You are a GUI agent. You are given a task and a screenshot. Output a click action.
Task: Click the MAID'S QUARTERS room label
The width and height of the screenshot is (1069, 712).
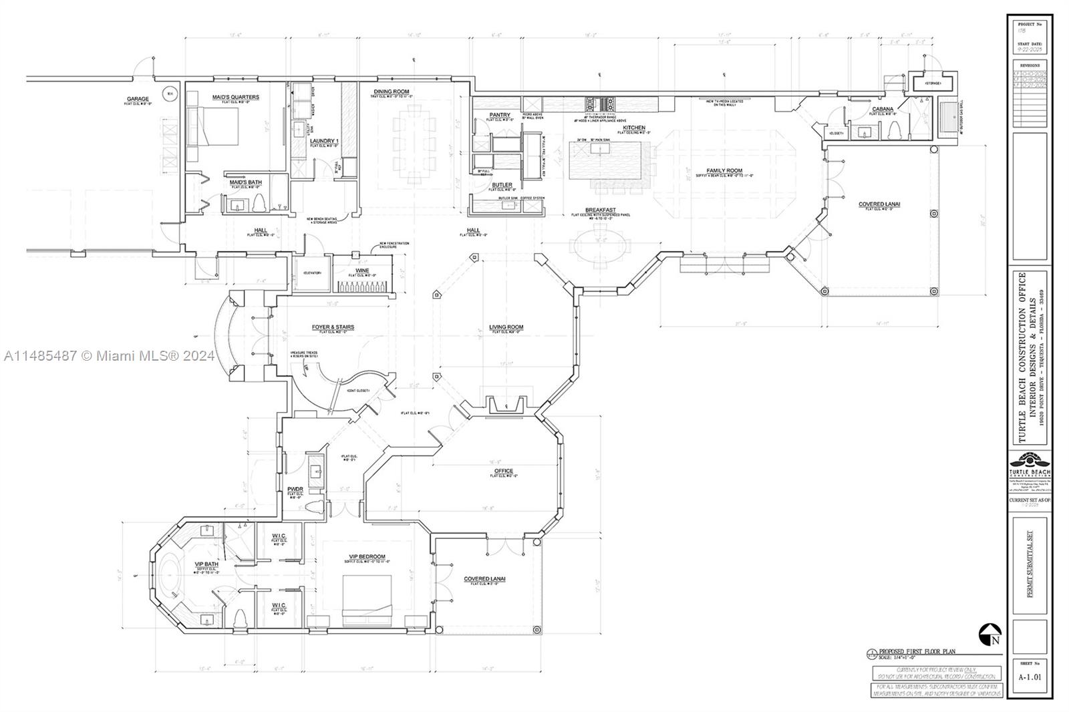[x=235, y=97]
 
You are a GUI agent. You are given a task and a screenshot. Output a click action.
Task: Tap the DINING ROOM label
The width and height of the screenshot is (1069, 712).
[x=392, y=92]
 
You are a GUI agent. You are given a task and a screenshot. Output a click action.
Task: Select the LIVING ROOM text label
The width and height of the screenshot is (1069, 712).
[x=506, y=327]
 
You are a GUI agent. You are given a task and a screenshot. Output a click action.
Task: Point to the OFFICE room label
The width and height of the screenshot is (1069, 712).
[x=504, y=472]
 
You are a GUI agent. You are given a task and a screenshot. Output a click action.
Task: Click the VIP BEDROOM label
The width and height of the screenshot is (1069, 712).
[x=367, y=557]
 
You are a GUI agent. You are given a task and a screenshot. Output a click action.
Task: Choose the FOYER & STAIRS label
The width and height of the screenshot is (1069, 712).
[x=333, y=327]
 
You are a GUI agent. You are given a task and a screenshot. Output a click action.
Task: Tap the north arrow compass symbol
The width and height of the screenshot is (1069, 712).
[x=990, y=635]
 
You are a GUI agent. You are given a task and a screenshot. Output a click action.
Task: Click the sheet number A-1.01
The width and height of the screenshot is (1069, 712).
[x=1029, y=677]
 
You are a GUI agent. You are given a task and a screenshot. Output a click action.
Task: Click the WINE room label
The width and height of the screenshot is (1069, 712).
[x=362, y=271]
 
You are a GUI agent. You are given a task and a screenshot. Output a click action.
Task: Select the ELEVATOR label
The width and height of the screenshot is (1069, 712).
[x=313, y=273]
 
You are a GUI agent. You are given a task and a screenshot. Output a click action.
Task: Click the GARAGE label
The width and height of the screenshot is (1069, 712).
[x=138, y=99]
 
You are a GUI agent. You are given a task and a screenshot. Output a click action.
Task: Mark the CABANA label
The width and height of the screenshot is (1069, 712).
[x=883, y=109]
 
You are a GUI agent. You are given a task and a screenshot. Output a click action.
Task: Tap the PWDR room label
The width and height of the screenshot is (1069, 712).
[x=295, y=490]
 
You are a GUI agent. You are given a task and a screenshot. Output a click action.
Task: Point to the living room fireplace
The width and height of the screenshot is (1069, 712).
[x=506, y=406]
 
